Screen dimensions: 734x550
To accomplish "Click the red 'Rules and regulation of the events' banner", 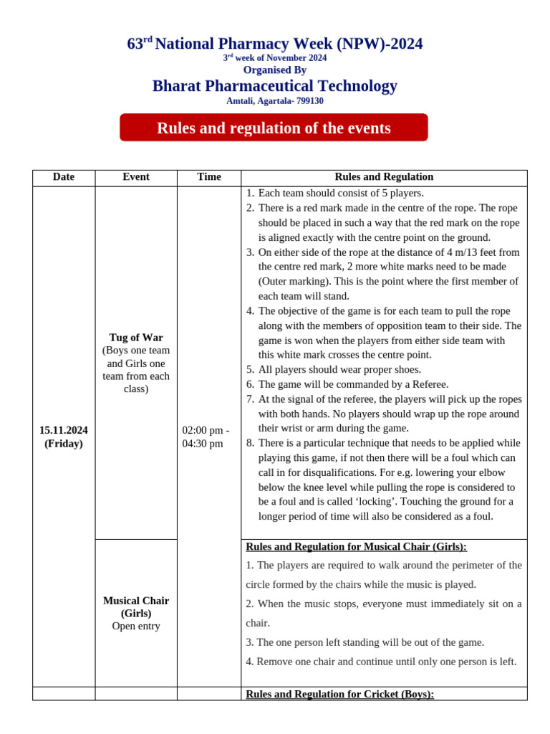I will [274, 128].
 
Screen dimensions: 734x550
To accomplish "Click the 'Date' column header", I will [63, 177].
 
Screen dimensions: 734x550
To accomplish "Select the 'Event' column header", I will [136, 177].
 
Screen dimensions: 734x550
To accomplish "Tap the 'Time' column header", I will [209, 177].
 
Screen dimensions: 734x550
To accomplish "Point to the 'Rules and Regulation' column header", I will [384, 177].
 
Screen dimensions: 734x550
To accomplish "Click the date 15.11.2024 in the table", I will [64, 430].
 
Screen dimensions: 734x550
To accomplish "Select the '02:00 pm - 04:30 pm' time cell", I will [206, 437].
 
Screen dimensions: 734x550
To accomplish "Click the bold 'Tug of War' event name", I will [136, 337].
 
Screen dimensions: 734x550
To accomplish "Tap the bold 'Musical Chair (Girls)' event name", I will [136, 606].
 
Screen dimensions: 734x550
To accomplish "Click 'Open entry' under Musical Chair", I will [136, 626].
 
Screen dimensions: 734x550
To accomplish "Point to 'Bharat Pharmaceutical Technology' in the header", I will [275, 86].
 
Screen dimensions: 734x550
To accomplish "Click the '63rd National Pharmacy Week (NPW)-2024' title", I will [275, 44].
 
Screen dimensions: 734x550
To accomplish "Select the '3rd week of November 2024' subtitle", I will [275, 58].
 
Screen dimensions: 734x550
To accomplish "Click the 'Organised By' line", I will [275, 70].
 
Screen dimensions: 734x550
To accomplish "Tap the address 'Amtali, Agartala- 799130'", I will [275, 101].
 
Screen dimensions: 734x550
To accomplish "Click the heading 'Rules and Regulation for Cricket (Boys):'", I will [339, 694].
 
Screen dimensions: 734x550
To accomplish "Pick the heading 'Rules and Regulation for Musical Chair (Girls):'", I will [356, 546].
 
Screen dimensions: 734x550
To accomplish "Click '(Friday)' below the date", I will [64, 444].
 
